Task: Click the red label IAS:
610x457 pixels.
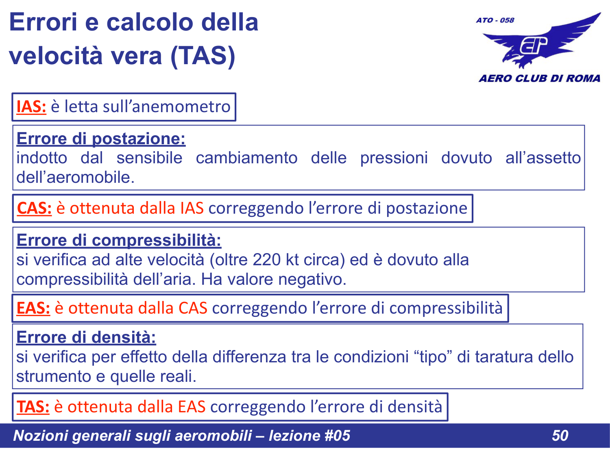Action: pos(31,107)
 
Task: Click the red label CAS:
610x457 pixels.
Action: pos(34,208)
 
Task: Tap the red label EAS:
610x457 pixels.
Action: pos(33,308)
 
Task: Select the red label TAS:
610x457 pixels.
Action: pos(33,407)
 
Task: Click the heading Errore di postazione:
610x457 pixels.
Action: pos(101,139)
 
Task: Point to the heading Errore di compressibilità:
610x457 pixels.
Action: pos(119,240)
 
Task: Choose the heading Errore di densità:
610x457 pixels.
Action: pos(86,338)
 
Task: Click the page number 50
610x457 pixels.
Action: pos(560,435)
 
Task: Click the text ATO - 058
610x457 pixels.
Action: pos(495,20)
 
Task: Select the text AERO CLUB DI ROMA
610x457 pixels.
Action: pos(539,78)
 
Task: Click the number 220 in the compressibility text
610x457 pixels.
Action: pos(267,260)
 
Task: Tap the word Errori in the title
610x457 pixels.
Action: pos(43,22)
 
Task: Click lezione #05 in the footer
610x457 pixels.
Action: pos(309,435)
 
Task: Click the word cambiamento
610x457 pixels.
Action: pos(246,158)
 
